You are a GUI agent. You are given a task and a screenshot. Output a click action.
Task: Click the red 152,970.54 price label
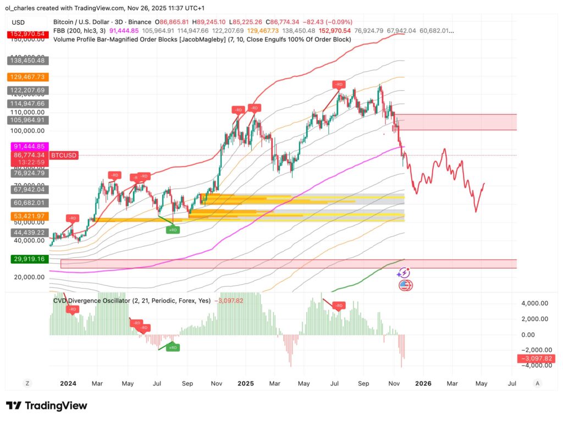coord(26,34)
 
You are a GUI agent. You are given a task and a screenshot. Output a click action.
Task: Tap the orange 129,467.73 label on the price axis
coord(26,77)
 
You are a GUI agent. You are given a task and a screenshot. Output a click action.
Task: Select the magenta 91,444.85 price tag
coord(26,147)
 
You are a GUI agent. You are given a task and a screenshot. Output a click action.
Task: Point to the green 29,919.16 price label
coord(26,258)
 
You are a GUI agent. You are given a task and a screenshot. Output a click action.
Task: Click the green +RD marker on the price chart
coord(173,230)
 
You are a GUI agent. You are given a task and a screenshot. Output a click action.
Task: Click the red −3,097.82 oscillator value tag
coord(536,359)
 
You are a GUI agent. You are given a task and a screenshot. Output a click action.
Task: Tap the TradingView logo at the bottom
coord(47,406)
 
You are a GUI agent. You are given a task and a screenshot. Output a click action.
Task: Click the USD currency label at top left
coord(18,23)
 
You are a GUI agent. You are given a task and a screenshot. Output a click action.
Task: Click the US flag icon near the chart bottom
coord(405,285)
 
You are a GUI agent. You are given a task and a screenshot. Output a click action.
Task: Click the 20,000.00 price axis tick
coord(30,277)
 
